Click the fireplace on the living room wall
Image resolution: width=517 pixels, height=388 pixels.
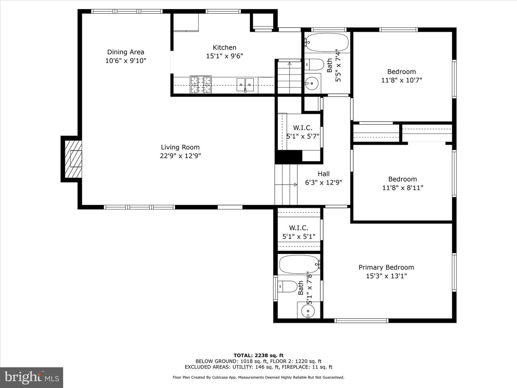tap(73, 159)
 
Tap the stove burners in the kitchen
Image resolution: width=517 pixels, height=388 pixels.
tap(201, 84)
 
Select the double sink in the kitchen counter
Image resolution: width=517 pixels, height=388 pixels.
tap(245, 84)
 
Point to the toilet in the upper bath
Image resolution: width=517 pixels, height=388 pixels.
tap(314, 65)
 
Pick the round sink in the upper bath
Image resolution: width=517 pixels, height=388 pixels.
tap(311, 83)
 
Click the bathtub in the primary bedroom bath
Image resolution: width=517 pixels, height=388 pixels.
tap(299, 264)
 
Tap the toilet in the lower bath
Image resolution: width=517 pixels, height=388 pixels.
tap(287, 286)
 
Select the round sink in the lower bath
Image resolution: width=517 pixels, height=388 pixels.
tap(308, 311)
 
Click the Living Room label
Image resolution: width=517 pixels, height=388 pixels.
tap(180, 147)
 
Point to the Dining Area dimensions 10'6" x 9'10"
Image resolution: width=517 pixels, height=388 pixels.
tap(126, 61)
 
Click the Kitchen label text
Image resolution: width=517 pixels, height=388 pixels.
tap(224, 47)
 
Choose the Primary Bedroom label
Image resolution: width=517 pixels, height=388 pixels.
tap(386, 267)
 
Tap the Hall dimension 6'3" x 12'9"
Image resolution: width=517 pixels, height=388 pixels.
tap(323, 183)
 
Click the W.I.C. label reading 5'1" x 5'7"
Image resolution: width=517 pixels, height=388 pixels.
tap(303, 137)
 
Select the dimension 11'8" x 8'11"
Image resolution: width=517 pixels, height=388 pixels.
tap(402, 188)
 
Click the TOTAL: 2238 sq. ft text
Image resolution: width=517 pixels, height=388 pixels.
tap(258, 355)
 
